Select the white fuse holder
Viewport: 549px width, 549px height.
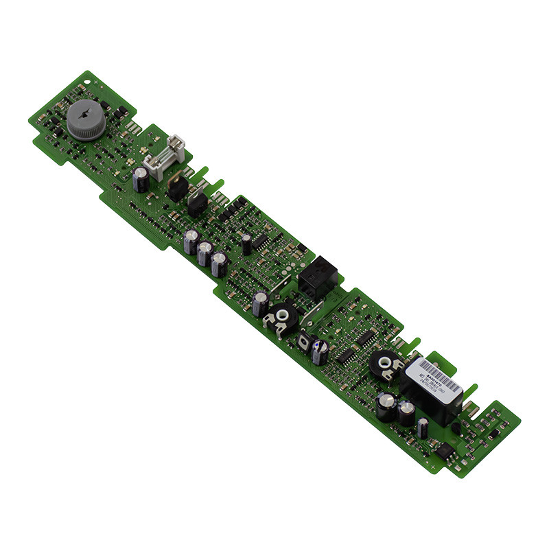165,156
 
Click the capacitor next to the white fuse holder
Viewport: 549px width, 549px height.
141,180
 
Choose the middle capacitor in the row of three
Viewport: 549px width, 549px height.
205,253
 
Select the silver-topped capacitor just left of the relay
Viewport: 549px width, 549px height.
261,303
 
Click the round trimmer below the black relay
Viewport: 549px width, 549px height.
281,318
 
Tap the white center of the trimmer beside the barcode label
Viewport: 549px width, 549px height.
381,364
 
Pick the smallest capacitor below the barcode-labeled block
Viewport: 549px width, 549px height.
423,427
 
